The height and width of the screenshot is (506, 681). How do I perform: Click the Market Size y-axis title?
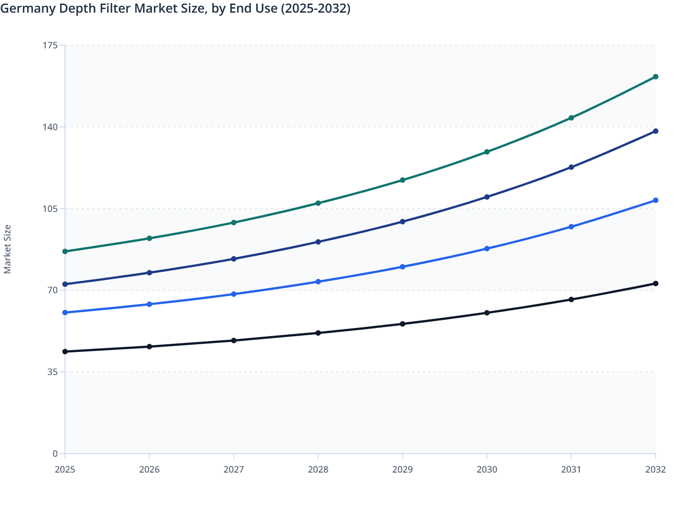pyautogui.click(x=7, y=249)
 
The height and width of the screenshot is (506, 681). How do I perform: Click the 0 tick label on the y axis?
pyautogui.click(x=55, y=454)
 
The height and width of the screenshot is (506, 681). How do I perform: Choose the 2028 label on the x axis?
pyautogui.click(x=318, y=469)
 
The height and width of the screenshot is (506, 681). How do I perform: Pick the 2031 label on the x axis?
pyautogui.click(x=571, y=469)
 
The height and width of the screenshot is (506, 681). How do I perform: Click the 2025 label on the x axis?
pyautogui.click(x=65, y=469)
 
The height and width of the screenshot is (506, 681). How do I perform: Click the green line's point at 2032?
pyautogui.click(x=656, y=77)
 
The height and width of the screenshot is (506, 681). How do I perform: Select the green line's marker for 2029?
pyautogui.click(x=402, y=180)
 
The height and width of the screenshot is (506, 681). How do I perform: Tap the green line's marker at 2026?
pyautogui.click(x=149, y=238)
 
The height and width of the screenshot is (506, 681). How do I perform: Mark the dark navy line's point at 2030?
pyautogui.click(x=487, y=197)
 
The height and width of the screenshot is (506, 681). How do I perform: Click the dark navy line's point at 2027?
pyautogui.click(x=234, y=259)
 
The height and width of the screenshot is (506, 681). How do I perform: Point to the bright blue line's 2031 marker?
pyautogui.click(x=571, y=227)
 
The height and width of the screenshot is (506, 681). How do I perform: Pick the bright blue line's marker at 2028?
pyautogui.click(x=318, y=281)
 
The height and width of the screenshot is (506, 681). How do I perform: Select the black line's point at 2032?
pyautogui.click(x=656, y=283)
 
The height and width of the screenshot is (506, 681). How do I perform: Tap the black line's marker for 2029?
pyautogui.click(x=402, y=324)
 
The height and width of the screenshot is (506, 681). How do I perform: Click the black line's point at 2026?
pyautogui.click(x=149, y=347)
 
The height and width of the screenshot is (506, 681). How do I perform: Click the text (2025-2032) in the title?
pyautogui.click(x=316, y=9)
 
